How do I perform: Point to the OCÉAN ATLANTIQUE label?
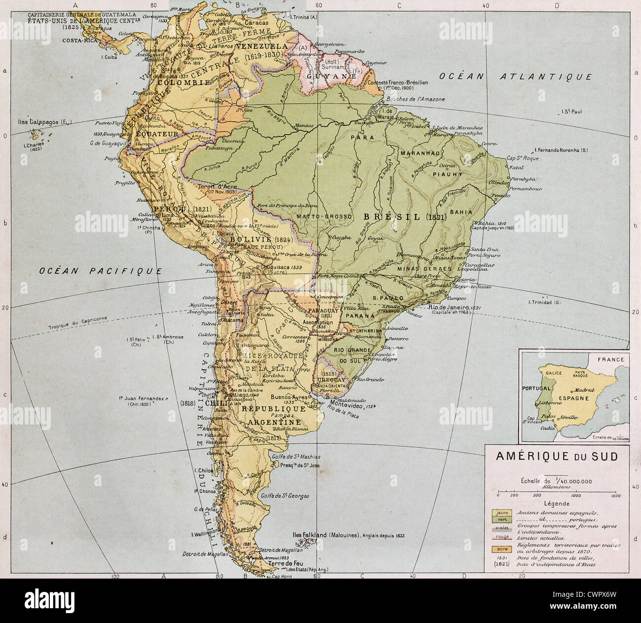(x=516, y=77)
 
